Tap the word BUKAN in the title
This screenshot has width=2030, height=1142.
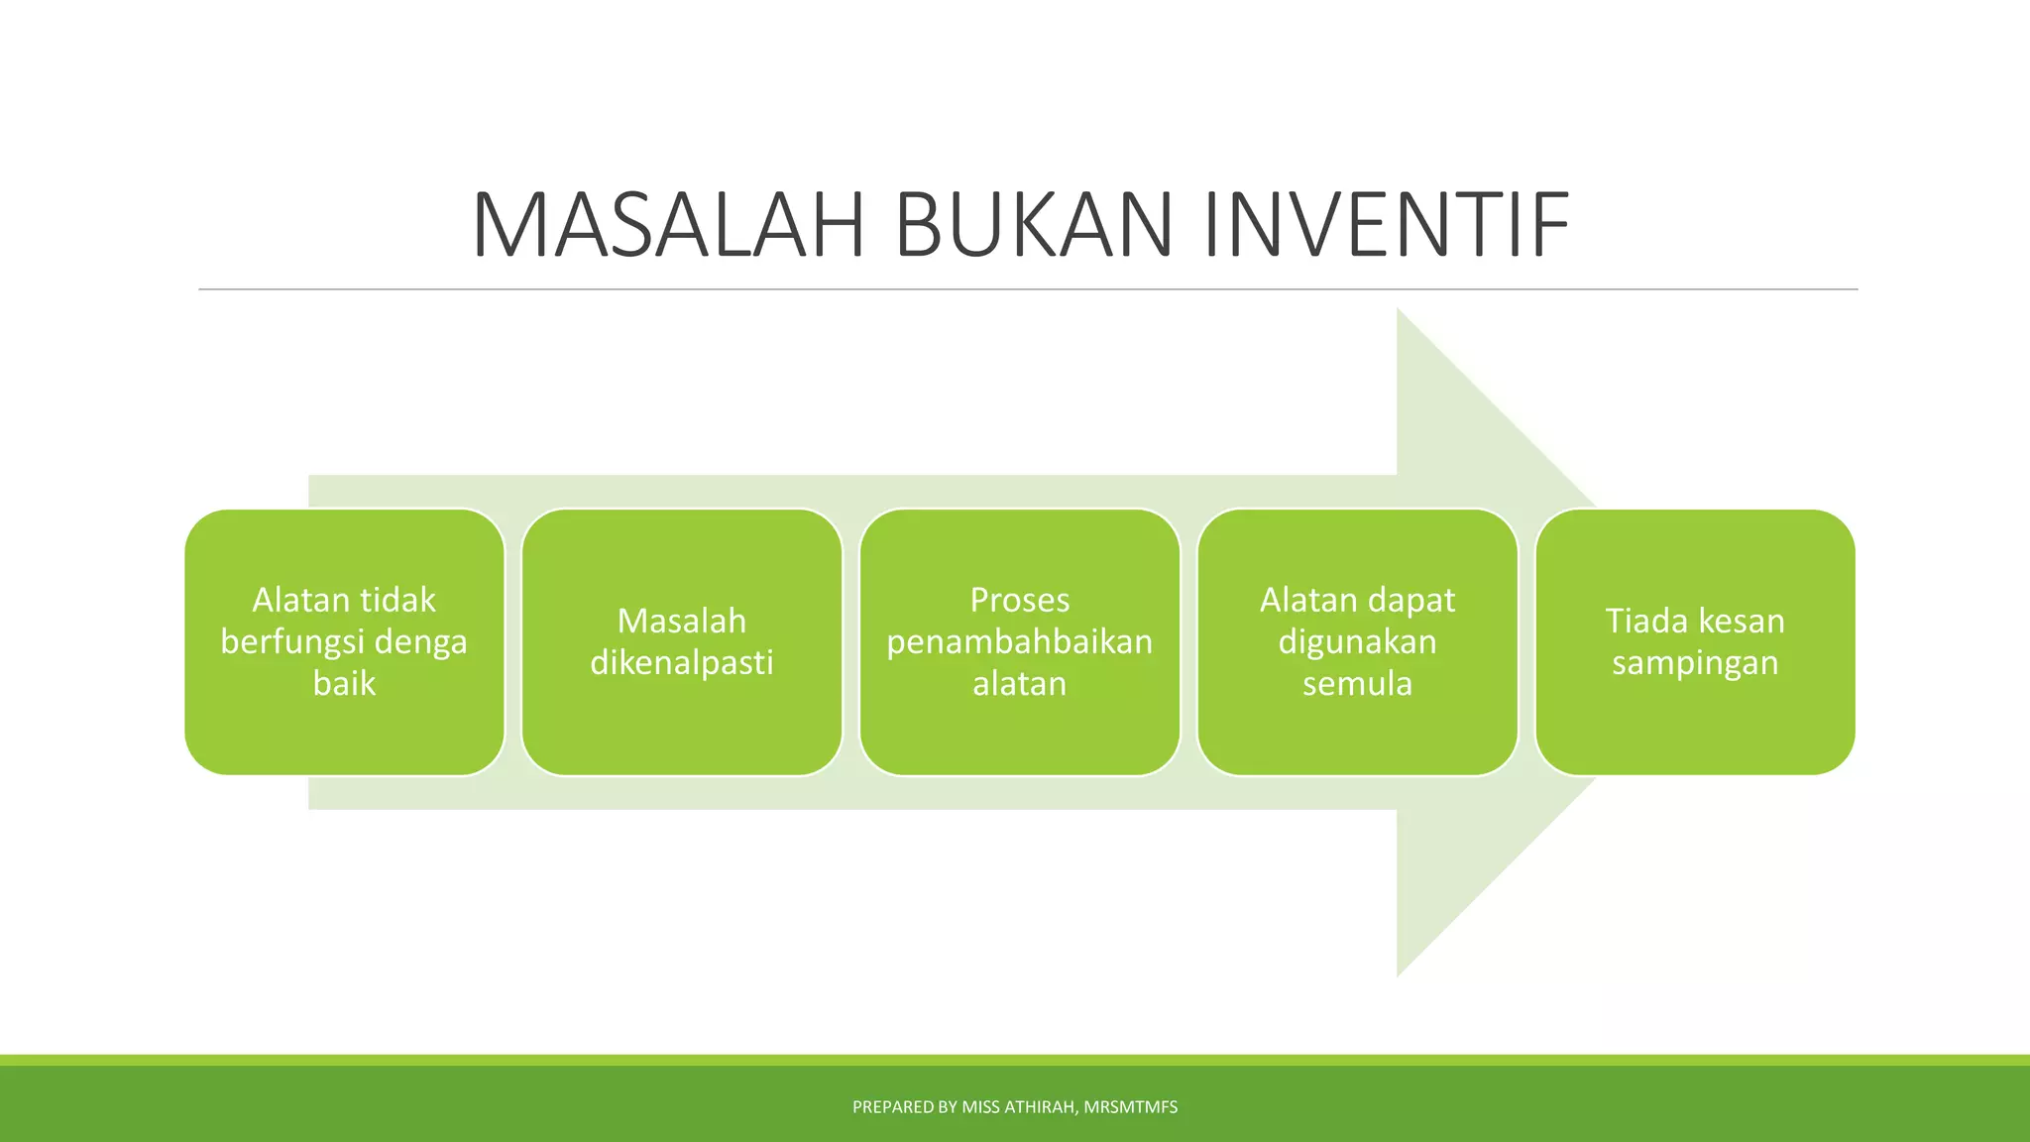[1034, 226]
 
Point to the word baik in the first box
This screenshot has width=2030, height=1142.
[344, 684]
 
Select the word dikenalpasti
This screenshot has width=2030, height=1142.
[681, 662]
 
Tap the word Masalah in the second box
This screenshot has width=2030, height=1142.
[681, 621]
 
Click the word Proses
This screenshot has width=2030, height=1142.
[1019, 600]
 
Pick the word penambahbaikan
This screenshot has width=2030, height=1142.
[1019, 642]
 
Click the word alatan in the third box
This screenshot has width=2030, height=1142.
[1019, 684]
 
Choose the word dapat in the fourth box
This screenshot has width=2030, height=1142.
[1410, 601]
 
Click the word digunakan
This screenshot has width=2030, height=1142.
[1357, 642]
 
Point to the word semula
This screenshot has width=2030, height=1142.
[1357, 684]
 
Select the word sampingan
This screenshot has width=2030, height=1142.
[1695, 663]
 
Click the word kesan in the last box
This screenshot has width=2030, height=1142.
[1742, 621]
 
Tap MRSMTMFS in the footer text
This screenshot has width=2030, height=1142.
[1130, 1107]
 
